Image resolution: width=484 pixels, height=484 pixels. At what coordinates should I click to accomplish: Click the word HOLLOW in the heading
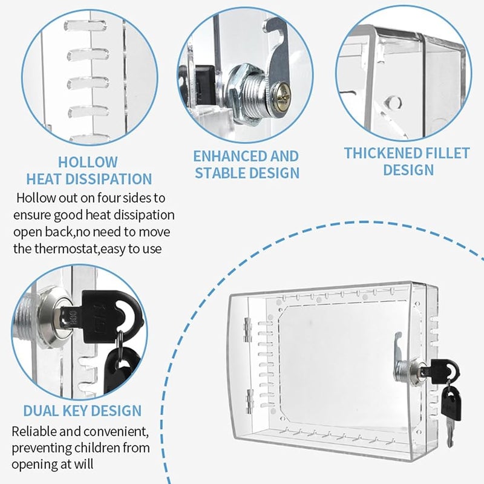pyautogui.click(x=88, y=162)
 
